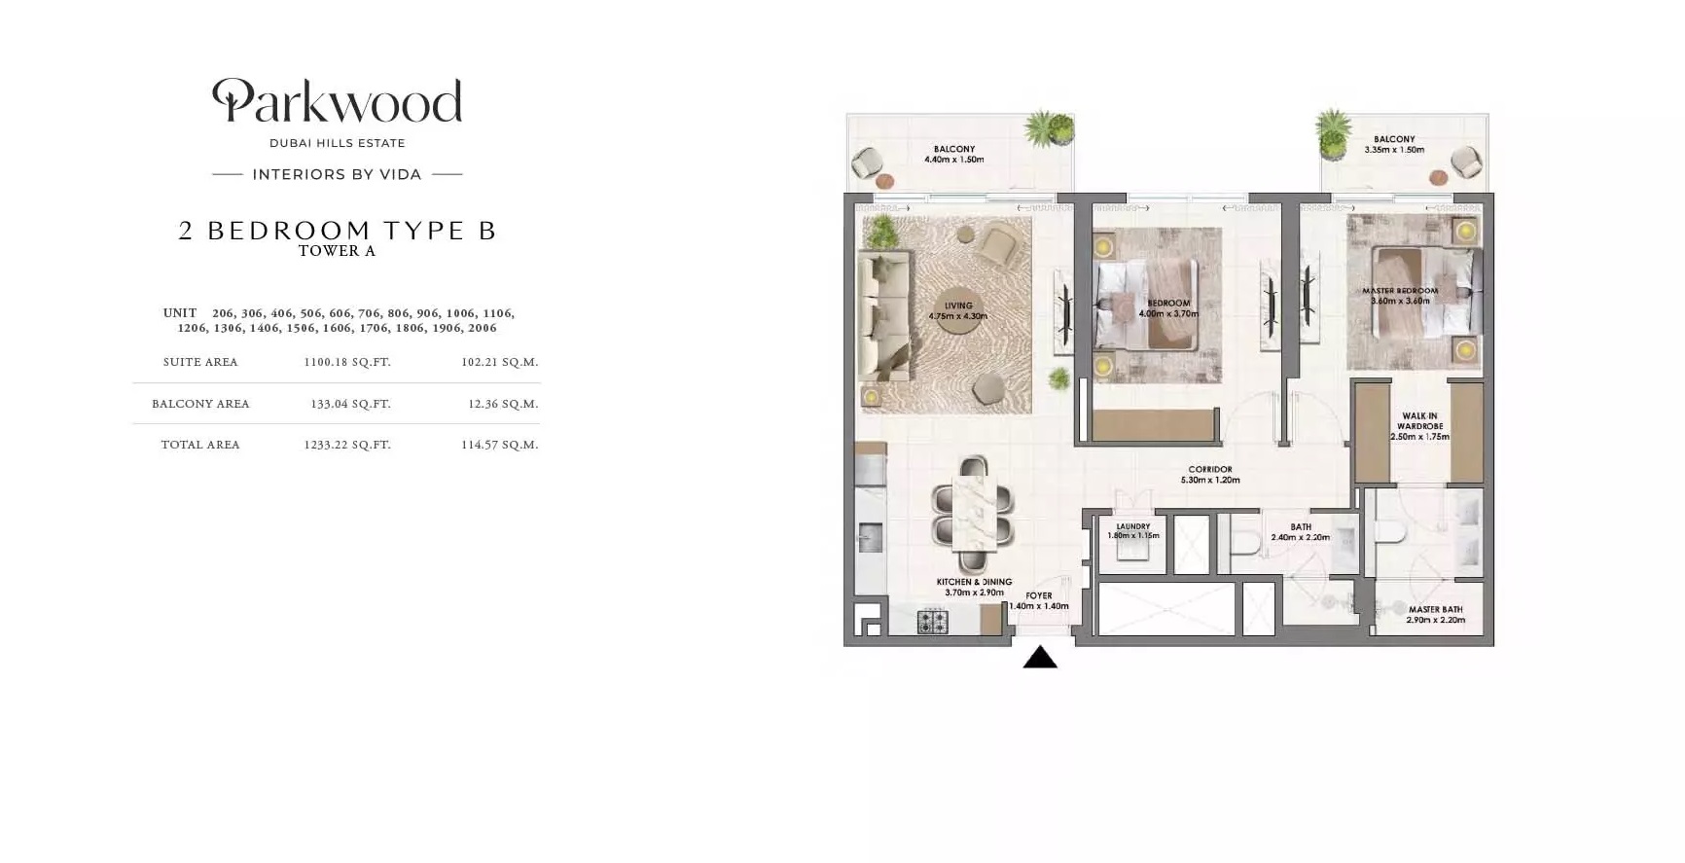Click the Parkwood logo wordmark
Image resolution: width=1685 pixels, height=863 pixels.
click(337, 101)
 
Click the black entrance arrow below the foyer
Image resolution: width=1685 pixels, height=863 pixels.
click(1039, 659)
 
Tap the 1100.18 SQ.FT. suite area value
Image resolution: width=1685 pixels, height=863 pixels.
click(346, 362)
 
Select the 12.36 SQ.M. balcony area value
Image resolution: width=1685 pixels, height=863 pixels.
click(502, 404)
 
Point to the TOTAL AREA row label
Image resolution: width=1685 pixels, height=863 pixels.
click(200, 445)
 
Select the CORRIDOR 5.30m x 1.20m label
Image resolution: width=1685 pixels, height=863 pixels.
click(1210, 475)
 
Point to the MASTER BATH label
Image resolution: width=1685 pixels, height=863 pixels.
click(1435, 614)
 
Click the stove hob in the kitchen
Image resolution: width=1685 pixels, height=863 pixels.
click(932, 622)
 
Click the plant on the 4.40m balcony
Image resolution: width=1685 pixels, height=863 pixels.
click(1049, 129)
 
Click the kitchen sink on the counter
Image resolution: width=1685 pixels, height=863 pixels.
click(870, 537)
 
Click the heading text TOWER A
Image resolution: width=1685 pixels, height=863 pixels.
click(337, 251)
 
